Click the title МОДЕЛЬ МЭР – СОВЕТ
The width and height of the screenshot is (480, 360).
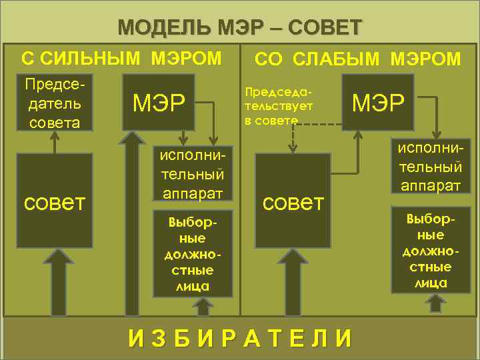coord(240,28)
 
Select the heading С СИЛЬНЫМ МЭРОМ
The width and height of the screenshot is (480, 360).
coord(121,58)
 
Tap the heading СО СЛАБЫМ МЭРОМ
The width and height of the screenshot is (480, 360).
coord(359,59)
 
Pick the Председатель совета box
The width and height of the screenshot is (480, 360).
coord(53,102)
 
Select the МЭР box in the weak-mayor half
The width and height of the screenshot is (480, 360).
coord(378,102)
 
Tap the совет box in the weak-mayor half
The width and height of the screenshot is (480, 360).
coord(293,200)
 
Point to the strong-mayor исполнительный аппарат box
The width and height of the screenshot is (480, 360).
coord(189,173)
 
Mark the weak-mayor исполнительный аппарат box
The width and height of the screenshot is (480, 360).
coord(430,167)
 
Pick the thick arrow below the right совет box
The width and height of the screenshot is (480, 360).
coord(294,280)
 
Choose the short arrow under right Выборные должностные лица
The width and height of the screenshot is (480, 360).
coord(437,303)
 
